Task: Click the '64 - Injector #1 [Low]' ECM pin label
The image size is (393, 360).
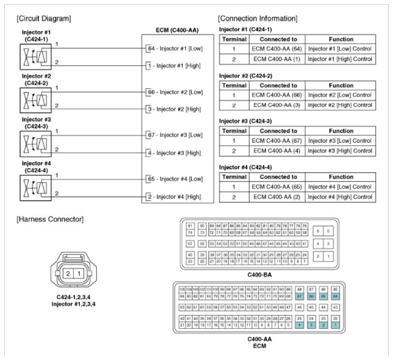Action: click(x=175, y=48)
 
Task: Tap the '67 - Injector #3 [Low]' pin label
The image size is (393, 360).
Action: click(x=175, y=135)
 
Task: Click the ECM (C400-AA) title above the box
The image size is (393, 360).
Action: click(x=177, y=30)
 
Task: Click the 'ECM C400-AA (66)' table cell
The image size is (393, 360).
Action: click(x=276, y=95)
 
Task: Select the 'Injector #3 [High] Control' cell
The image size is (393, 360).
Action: click(x=340, y=150)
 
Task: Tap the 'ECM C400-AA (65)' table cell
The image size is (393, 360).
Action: click(x=276, y=187)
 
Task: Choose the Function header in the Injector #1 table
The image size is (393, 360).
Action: click(x=340, y=39)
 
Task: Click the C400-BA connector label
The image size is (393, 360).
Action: click(x=260, y=275)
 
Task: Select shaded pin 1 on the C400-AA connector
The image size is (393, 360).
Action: click(x=335, y=325)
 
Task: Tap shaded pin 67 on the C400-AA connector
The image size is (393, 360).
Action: click(x=299, y=296)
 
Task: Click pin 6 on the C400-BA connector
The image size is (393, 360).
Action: click(x=318, y=231)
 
